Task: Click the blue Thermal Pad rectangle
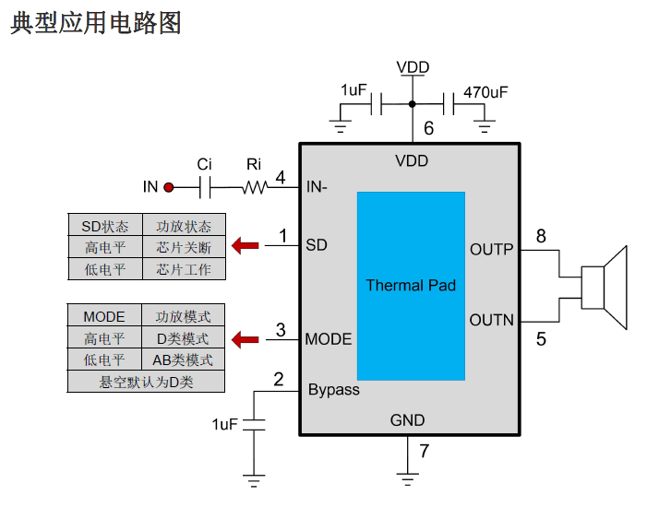(x=411, y=286)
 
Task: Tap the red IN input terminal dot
(x=169, y=187)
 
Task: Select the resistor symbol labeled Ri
(x=254, y=187)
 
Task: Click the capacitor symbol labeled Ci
(x=206, y=187)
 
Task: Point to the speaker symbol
(x=604, y=286)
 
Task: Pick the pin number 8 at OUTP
(x=541, y=237)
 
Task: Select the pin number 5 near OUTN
(x=541, y=339)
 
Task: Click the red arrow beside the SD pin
(x=245, y=245)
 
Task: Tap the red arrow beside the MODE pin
(x=245, y=339)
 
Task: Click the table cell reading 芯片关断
(x=184, y=247)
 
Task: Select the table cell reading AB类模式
(x=183, y=360)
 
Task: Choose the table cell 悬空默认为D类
(x=146, y=381)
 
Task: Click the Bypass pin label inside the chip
(x=334, y=390)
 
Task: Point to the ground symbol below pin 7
(x=407, y=478)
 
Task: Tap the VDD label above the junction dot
(x=413, y=67)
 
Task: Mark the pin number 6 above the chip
(x=428, y=129)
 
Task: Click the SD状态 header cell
(x=105, y=226)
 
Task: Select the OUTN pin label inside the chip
(x=491, y=320)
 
